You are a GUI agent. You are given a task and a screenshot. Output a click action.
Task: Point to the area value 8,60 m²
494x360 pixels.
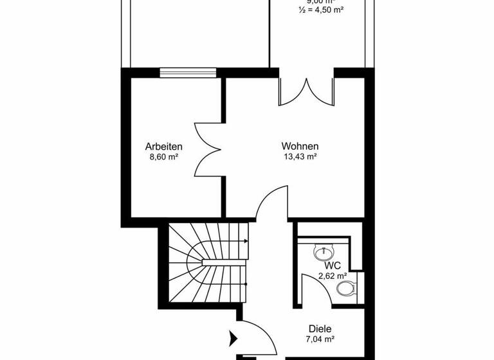(163, 156)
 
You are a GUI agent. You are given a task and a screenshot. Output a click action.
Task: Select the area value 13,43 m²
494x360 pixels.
(300, 156)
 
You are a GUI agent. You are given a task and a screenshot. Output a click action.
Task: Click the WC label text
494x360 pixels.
(332, 265)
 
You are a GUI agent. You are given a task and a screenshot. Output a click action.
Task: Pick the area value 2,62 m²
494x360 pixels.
(332, 276)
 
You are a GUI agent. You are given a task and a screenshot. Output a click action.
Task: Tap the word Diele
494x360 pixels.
(320, 328)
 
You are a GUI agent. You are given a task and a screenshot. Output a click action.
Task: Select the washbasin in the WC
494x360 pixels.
(322, 253)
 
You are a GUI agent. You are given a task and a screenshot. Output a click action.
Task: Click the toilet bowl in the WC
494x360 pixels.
(346, 289)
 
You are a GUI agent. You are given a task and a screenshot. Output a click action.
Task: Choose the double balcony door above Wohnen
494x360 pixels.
(307, 91)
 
